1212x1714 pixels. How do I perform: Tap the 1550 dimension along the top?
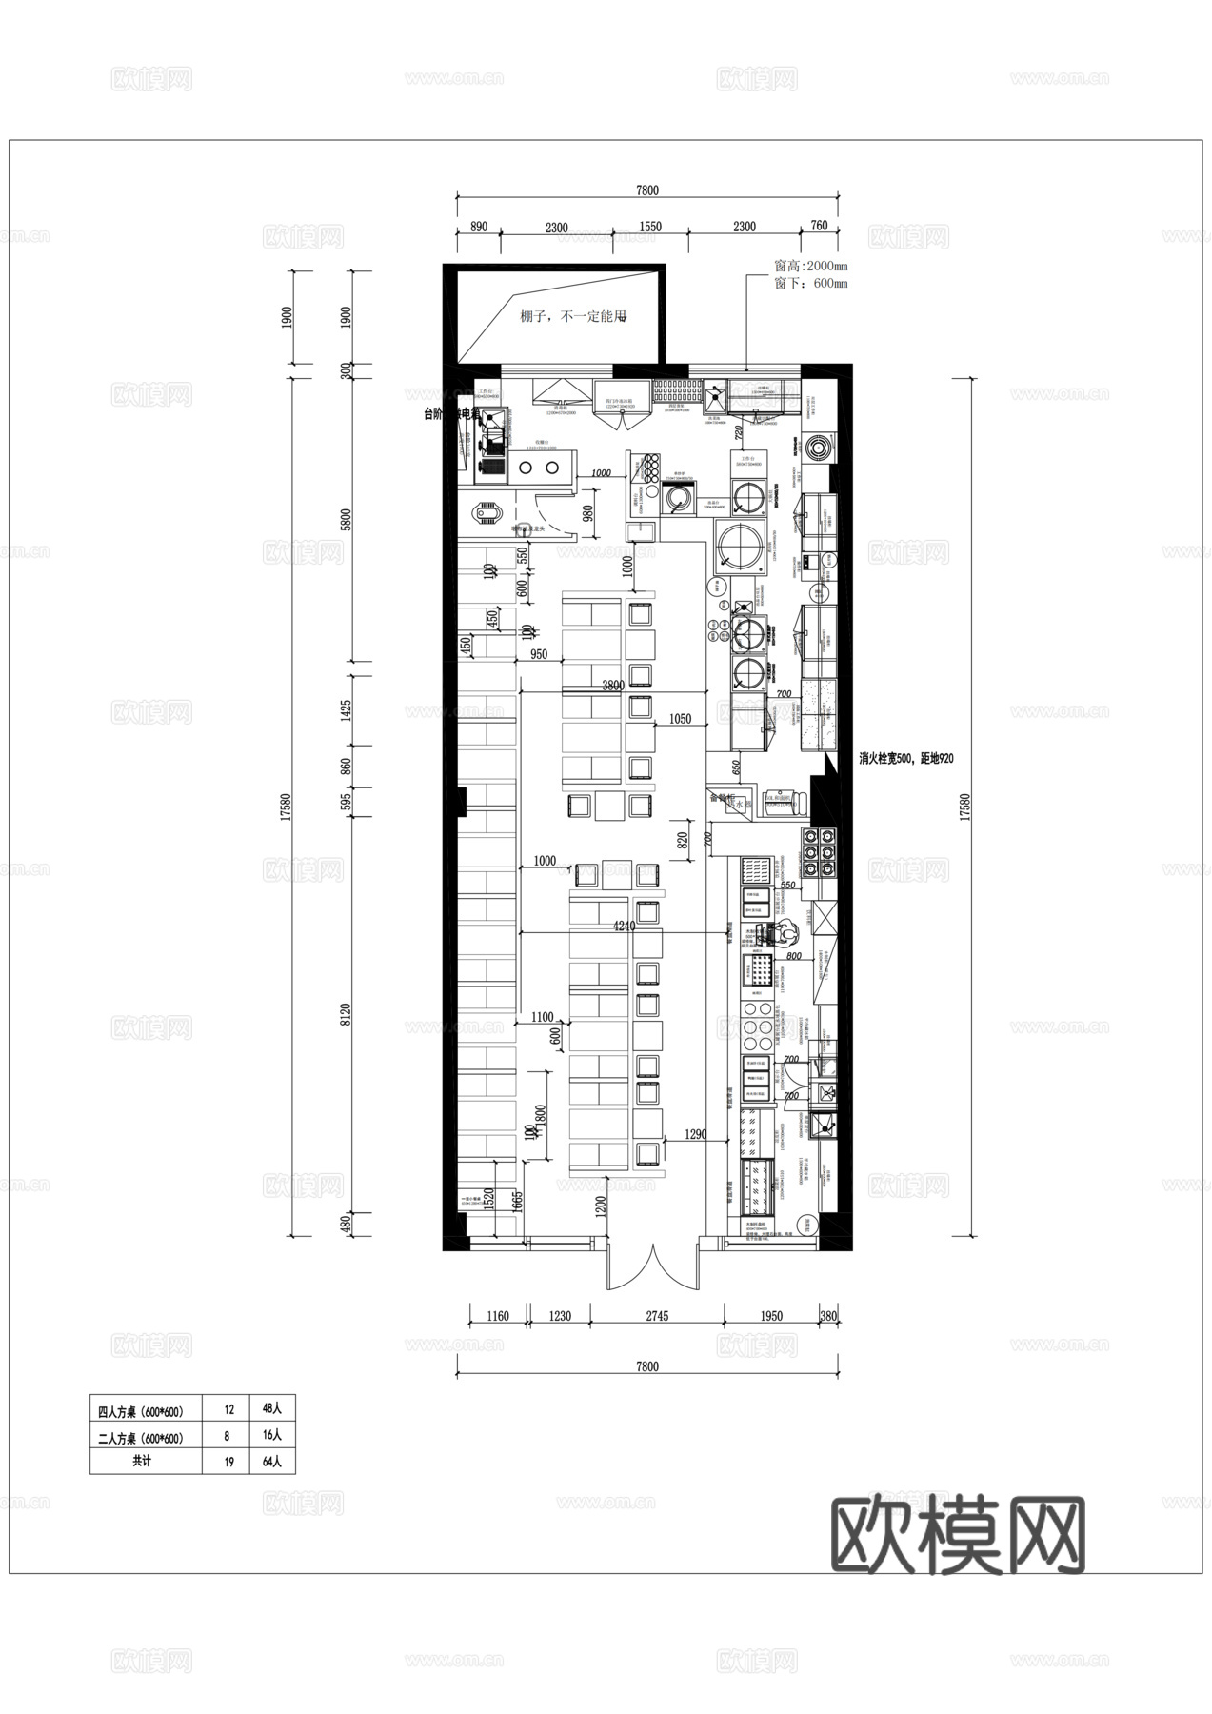coord(651,227)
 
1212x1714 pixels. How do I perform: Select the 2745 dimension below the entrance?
coord(657,1316)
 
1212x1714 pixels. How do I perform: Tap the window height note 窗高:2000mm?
coord(810,267)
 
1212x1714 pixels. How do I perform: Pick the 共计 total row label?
coord(143,1462)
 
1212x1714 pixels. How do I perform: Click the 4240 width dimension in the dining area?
coord(625,926)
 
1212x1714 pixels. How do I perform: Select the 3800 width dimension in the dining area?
coord(613,686)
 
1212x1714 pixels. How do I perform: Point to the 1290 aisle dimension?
coord(696,1134)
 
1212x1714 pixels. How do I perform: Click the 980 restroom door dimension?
coord(589,514)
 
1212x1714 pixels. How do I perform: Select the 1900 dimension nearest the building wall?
coord(347,316)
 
